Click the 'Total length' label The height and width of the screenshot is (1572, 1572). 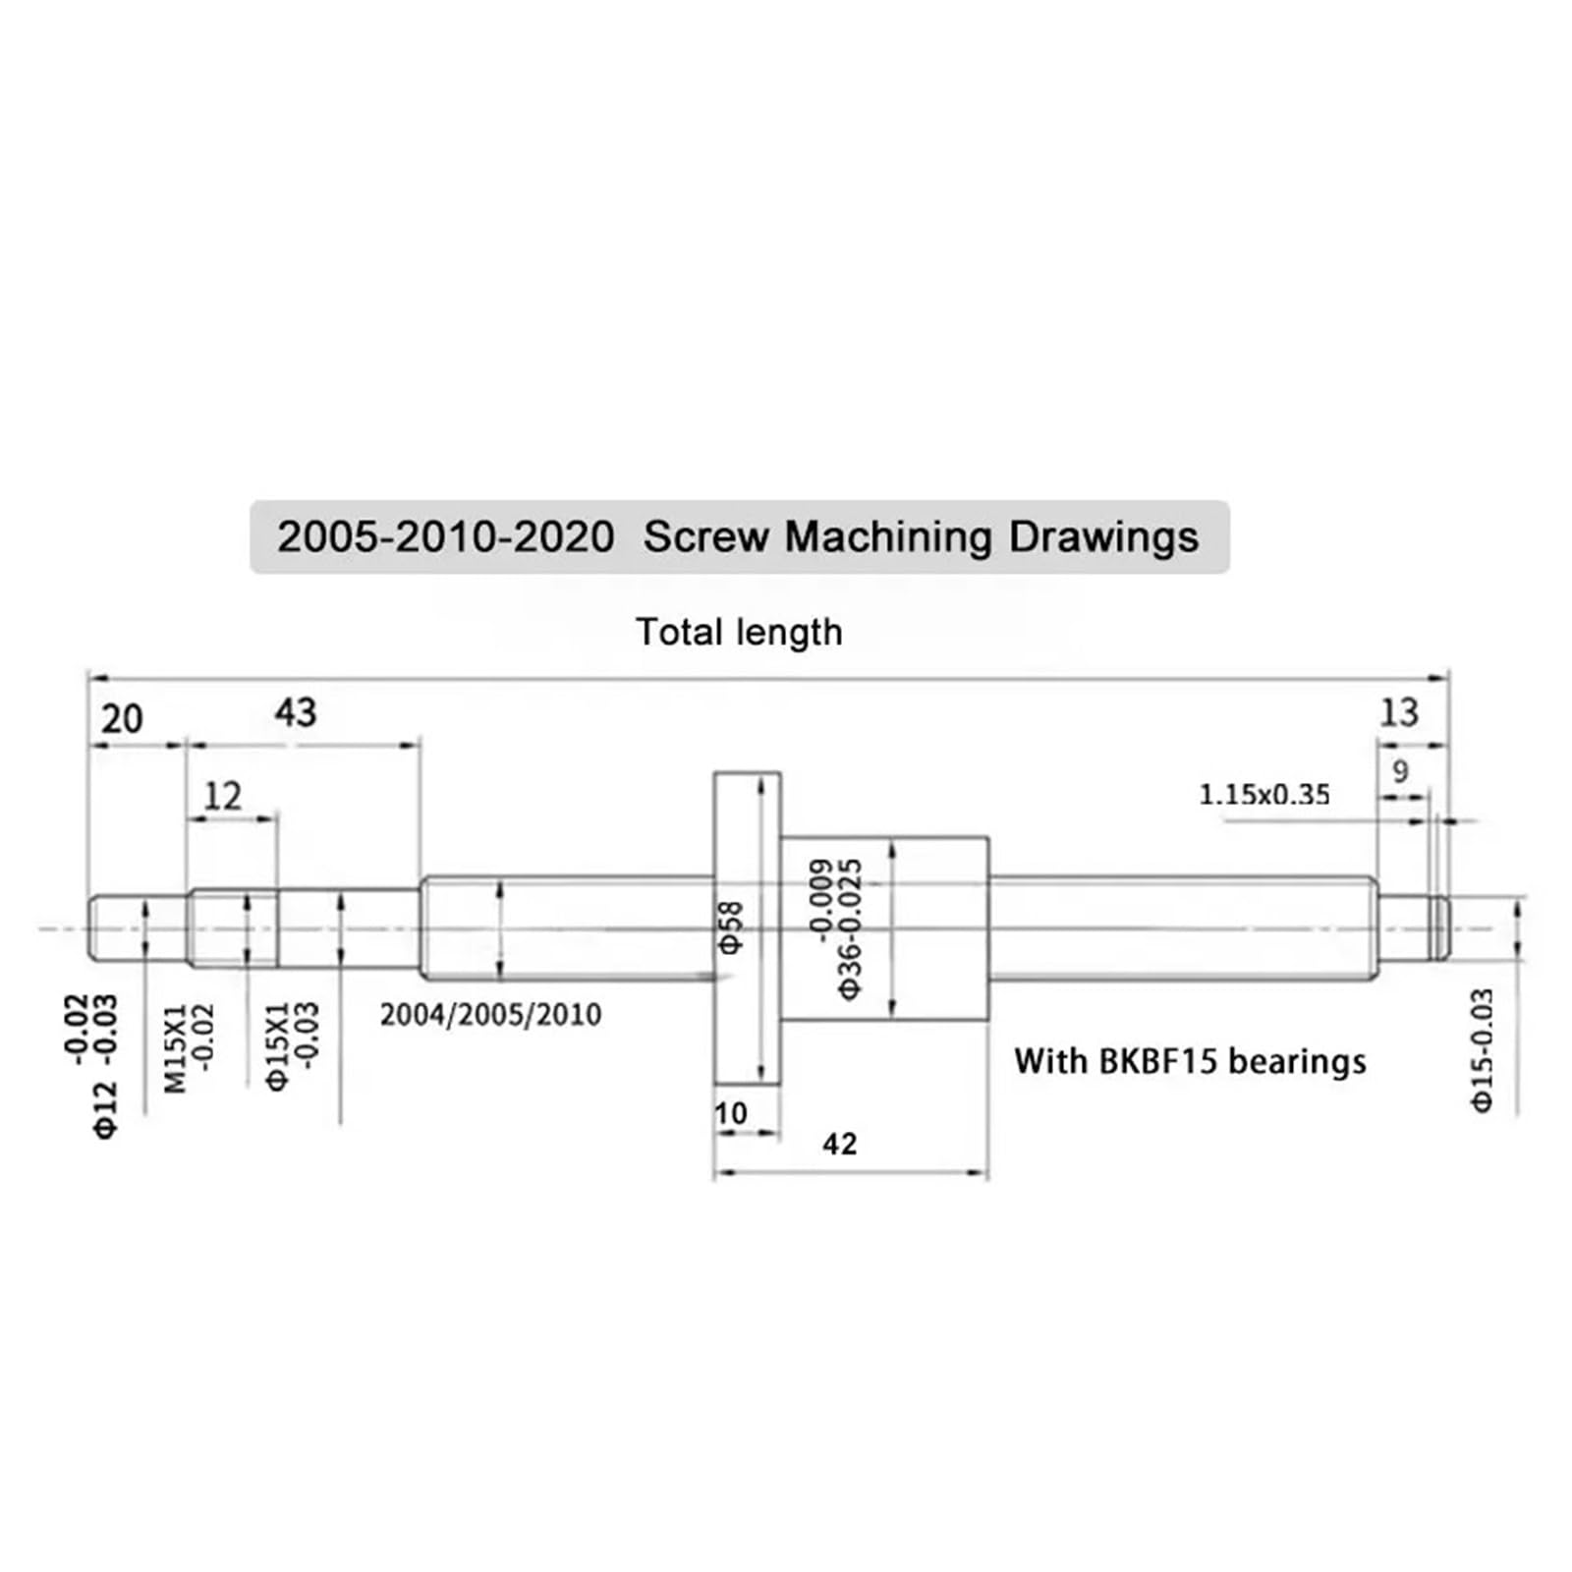tap(739, 632)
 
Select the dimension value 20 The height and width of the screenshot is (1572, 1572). tap(122, 719)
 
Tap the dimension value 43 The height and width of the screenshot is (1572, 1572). tap(296, 712)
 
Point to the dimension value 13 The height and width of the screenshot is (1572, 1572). tap(1399, 712)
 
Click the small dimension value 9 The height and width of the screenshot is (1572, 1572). tap(1401, 771)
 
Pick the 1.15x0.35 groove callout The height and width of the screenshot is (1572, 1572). tap(1264, 794)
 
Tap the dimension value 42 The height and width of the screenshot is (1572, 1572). tap(840, 1144)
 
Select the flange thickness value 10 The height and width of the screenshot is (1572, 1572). tap(731, 1113)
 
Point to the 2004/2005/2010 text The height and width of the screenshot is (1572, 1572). tap(490, 1014)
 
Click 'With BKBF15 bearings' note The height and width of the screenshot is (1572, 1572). tap(1190, 1061)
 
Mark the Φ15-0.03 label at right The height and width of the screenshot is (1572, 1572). tap(1482, 1049)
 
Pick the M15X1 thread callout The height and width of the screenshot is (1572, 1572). tap(175, 1047)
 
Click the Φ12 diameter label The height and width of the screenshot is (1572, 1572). tap(106, 1108)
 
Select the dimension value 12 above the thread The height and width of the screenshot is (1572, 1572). tap(222, 796)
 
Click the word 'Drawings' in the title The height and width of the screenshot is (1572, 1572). tap(1104, 537)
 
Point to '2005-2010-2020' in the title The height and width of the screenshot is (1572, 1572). tap(445, 537)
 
